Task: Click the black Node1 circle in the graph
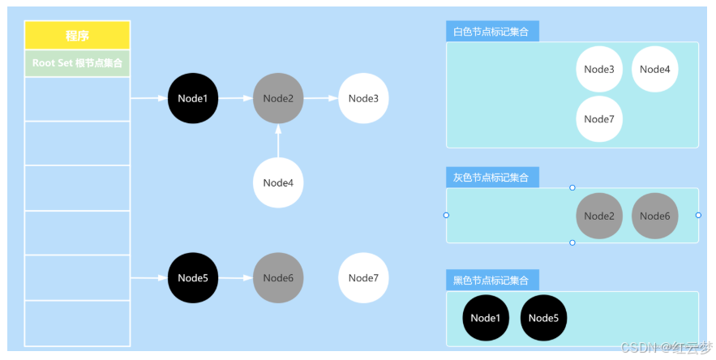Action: [x=193, y=98]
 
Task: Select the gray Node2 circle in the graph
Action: [x=278, y=98]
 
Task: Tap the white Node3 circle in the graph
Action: [x=363, y=98]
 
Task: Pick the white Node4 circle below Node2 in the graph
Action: [x=278, y=182]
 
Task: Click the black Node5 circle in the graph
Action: [x=193, y=278]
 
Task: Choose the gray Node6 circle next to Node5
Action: [x=278, y=278]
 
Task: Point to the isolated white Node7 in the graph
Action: [x=363, y=278]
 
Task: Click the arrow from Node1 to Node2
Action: [x=235, y=98]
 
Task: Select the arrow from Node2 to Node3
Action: [x=321, y=98]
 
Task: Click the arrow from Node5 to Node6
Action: [x=235, y=278]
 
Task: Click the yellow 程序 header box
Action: [x=77, y=36]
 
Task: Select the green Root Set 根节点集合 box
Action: [x=77, y=63]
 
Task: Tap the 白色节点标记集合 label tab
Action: [x=492, y=32]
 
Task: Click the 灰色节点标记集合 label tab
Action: [x=492, y=178]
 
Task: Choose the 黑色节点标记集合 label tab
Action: [x=492, y=281]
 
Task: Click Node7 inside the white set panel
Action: [x=599, y=119]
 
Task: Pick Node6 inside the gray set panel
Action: [x=654, y=216]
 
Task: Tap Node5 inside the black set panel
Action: [x=543, y=318]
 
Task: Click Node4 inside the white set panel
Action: [x=654, y=69]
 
